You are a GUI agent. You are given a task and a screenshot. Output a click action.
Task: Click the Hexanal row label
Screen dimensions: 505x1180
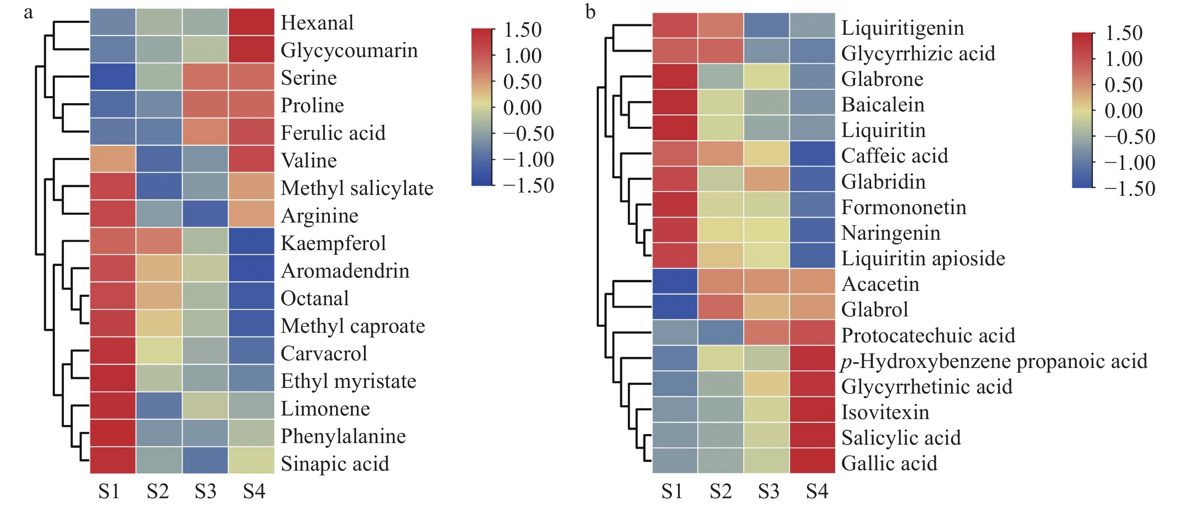pyautogui.click(x=317, y=23)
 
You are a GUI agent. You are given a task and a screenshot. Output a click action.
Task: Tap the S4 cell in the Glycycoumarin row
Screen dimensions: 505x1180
pyautogui.click(x=251, y=50)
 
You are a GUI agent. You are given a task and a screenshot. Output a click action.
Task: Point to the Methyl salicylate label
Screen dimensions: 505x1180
pyautogui.click(x=357, y=188)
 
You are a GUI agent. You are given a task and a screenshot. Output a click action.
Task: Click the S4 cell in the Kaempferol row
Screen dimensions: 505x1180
pyautogui.click(x=251, y=242)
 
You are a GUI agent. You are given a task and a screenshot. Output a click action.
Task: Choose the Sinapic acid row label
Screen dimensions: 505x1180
pyautogui.click(x=335, y=464)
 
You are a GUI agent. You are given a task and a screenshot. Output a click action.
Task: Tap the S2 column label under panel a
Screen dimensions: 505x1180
pyautogui.click(x=157, y=492)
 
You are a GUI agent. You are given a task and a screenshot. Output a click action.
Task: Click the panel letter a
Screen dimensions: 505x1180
pyautogui.click(x=28, y=12)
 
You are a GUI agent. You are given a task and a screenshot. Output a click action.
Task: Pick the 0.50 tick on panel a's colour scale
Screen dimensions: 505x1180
pyautogui.click(x=522, y=82)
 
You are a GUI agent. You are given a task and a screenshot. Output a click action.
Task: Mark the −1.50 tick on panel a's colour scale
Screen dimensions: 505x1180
pyautogui.click(x=528, y=185)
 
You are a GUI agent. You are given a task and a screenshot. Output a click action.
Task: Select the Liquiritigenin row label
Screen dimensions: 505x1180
pyautogui.click(x=902, y=28)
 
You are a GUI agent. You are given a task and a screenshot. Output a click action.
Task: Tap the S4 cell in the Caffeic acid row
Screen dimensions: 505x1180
pyautogui.click(x=812, y=154)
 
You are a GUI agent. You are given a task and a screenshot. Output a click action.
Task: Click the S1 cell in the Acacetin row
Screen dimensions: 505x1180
pyautogui.click(x=675, y=282)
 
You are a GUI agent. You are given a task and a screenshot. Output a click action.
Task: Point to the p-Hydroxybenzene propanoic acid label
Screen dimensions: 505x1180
pyautogui.click(x=994, y=361)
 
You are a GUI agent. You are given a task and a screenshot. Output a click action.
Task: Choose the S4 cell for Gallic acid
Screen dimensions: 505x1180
pyautogui.click(x=812, y=461)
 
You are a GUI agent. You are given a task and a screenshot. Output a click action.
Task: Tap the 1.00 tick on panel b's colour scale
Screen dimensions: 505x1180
pyautogui.click(x=1124, y=59)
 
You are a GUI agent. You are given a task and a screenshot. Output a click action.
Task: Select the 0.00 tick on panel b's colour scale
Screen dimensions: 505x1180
pyautogui.click(x=1124, y=111)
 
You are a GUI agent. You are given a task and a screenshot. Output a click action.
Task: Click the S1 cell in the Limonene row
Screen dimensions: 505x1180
pyautogui.click(x=113, y=406)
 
